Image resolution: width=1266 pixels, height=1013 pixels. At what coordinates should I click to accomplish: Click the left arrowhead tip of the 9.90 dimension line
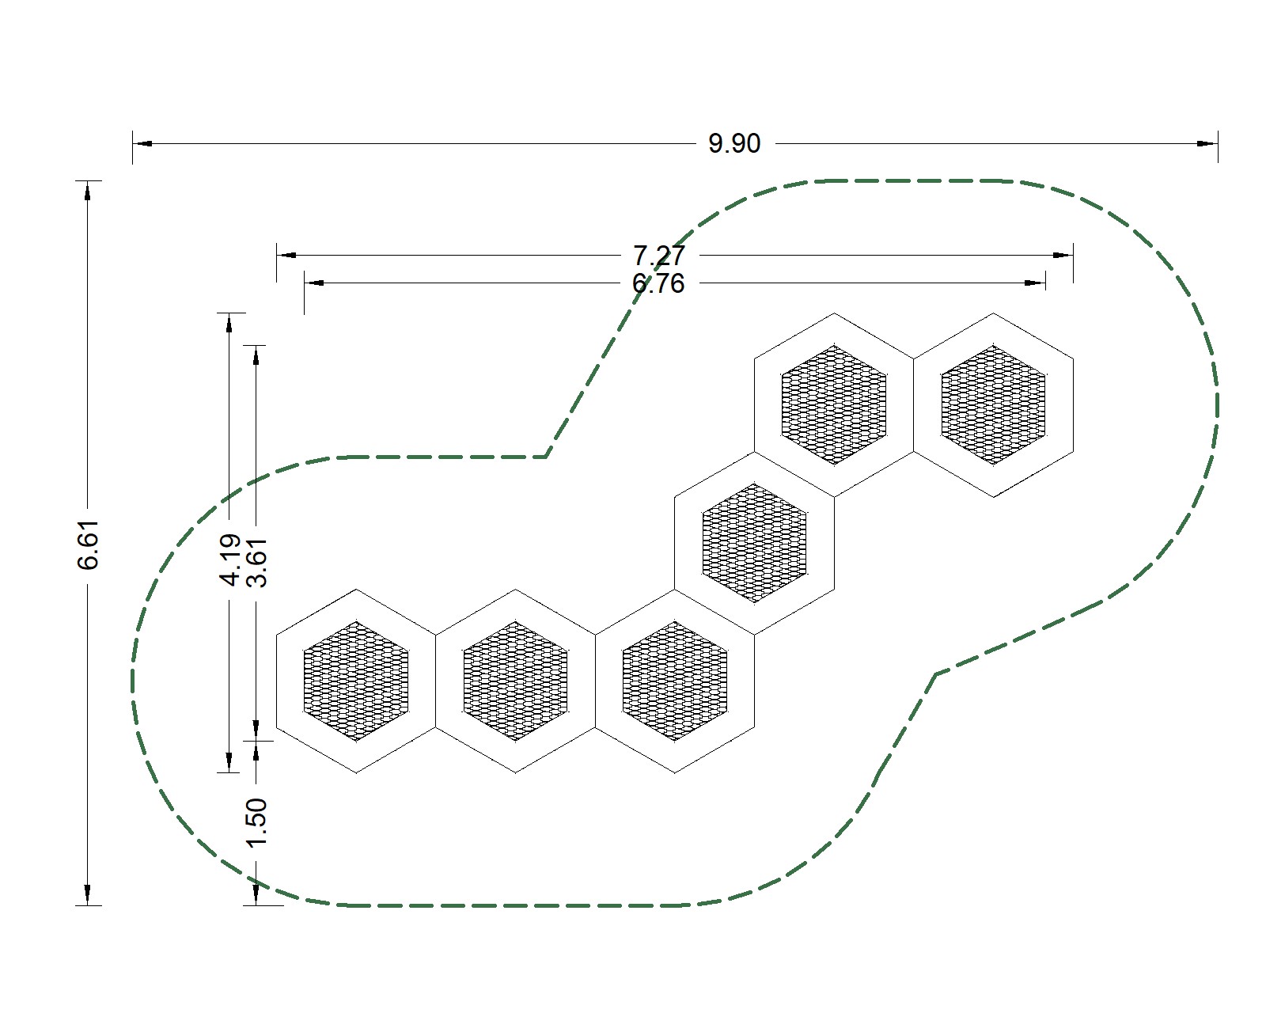click(133, 143)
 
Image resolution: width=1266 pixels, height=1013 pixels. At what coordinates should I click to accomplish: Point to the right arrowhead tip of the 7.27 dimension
click(1073, 256)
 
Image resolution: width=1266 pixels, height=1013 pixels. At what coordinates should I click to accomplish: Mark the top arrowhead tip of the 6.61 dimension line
click(88, 181)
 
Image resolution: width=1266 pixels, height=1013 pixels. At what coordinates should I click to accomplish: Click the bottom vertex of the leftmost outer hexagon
click(357, 773)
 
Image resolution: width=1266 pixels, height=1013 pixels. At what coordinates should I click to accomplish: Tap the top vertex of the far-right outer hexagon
click(994, 313)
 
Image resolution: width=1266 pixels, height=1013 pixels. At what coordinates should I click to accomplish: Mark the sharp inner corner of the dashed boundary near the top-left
click(547, 457)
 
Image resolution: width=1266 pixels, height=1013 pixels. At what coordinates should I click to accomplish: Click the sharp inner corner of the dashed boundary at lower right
click(936, 674)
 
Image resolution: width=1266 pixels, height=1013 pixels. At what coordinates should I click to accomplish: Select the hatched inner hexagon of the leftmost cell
click(356, 681)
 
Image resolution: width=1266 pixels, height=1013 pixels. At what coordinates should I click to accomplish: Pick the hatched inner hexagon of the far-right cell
click(994, 405)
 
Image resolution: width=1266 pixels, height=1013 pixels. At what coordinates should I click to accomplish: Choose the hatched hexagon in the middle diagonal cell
click(755, 543)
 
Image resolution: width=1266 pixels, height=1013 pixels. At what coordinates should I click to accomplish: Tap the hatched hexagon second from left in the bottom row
click(516, 681)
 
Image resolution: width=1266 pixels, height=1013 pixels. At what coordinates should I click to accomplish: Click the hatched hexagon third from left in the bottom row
click(675, 681)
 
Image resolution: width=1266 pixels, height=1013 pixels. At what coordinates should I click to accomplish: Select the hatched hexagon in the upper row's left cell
click(834, 405)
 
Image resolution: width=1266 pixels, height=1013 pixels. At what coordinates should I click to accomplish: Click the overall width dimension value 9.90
click(735, 143)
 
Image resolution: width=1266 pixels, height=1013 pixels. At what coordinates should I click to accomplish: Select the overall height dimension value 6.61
click(89, 545)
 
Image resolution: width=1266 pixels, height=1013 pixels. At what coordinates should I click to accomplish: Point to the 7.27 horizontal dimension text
click(659, 256)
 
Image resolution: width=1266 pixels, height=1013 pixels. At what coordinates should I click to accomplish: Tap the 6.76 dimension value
click(659, 283)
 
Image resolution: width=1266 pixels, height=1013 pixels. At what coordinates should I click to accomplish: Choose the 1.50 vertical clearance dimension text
click(256, 823)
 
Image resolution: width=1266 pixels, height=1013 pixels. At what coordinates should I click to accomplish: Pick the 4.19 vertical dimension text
click(230, 560)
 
